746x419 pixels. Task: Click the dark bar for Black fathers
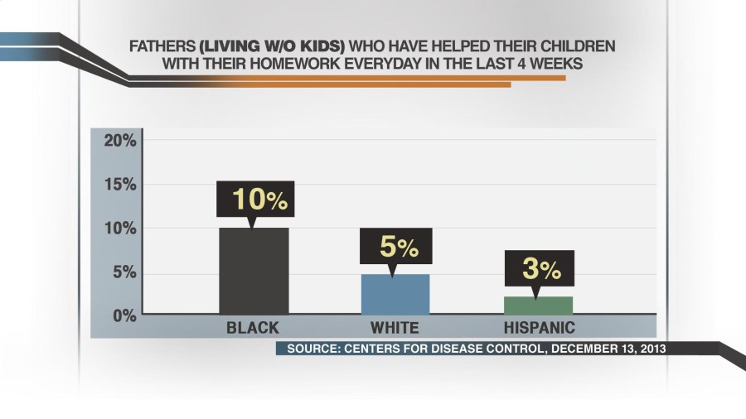pos(253,271)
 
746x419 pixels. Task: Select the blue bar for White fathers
pos(395,294)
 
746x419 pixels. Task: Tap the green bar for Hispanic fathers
pos(538,306)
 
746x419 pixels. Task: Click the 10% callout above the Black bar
pos(254,200)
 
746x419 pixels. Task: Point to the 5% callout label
pos(395,246)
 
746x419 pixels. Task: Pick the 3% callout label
pos(538,268)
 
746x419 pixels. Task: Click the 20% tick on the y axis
pos(120,141)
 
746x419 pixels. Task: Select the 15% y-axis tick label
pos(120,185)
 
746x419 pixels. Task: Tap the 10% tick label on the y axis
pos(120,229)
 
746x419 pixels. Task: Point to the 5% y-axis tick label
pos(124,272)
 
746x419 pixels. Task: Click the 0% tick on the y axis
pos(124,315)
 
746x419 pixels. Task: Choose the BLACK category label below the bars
pos(253,328)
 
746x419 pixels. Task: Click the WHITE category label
pos(395,328)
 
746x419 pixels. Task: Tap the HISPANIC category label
pos(539,328)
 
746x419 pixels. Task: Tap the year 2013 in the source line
pos(649,349)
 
